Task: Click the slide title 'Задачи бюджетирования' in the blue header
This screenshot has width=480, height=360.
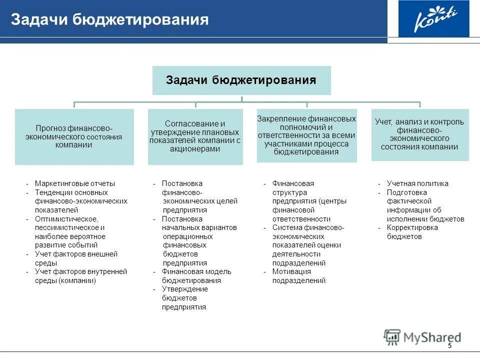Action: tap(109, 19)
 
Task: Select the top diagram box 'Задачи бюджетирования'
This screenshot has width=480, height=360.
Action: tap(241, 80)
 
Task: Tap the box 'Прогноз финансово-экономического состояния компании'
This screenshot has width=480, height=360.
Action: tap(74, 136)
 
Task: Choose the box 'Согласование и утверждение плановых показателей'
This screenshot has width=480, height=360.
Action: tap(195, 136)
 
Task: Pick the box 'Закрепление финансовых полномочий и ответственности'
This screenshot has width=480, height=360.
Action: tap(306, 135)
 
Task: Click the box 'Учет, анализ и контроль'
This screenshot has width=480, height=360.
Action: tap(419, 134)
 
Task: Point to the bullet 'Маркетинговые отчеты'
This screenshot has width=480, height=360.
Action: tap(74, 183)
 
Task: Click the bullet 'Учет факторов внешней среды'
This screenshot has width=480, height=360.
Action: tap(75, 258)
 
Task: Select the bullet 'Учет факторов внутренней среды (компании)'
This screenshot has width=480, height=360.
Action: tap(80, 276)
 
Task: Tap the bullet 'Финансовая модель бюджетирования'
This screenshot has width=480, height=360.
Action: tap(196, 276)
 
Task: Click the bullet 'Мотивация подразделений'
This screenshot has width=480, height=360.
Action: tap(298, 276)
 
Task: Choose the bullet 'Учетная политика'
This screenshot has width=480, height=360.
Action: tap(417, 183)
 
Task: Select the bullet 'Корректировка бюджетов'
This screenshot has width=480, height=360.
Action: tap(412, 232)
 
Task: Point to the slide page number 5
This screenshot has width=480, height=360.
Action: tap(449, 346)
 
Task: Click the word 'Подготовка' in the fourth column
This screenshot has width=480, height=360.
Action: tap(406, 192)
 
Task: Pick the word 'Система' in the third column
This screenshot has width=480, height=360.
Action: tap(286, 227)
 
